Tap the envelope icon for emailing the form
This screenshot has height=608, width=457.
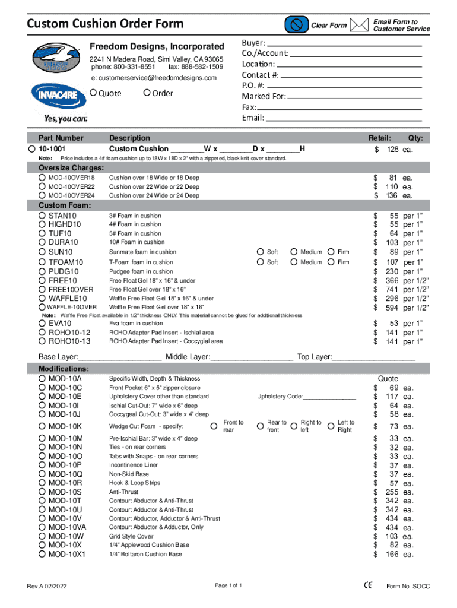pyautogui.click(x=358, y=25)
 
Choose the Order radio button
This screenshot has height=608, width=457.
pyautogui.click(x=146, y=93)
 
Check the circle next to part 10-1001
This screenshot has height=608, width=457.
pyautogui.click(x=32, y=148)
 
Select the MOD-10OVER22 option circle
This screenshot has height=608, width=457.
pyautogui.click(x=42, y=186)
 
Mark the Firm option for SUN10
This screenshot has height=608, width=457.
pyautogui.click(x=331, y=252)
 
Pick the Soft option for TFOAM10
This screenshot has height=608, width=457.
pyautogui.click(x=261, y=262)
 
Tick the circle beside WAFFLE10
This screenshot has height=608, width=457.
pyautogui.click(x=42, y=298)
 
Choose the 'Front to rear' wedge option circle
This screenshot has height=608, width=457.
pyautogui.click(x=214, y=426)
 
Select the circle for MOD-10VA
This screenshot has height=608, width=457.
pyautogui.click(x=42, y=527)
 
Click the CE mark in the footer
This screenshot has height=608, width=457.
pyautogui.click(x=368, y=585)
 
